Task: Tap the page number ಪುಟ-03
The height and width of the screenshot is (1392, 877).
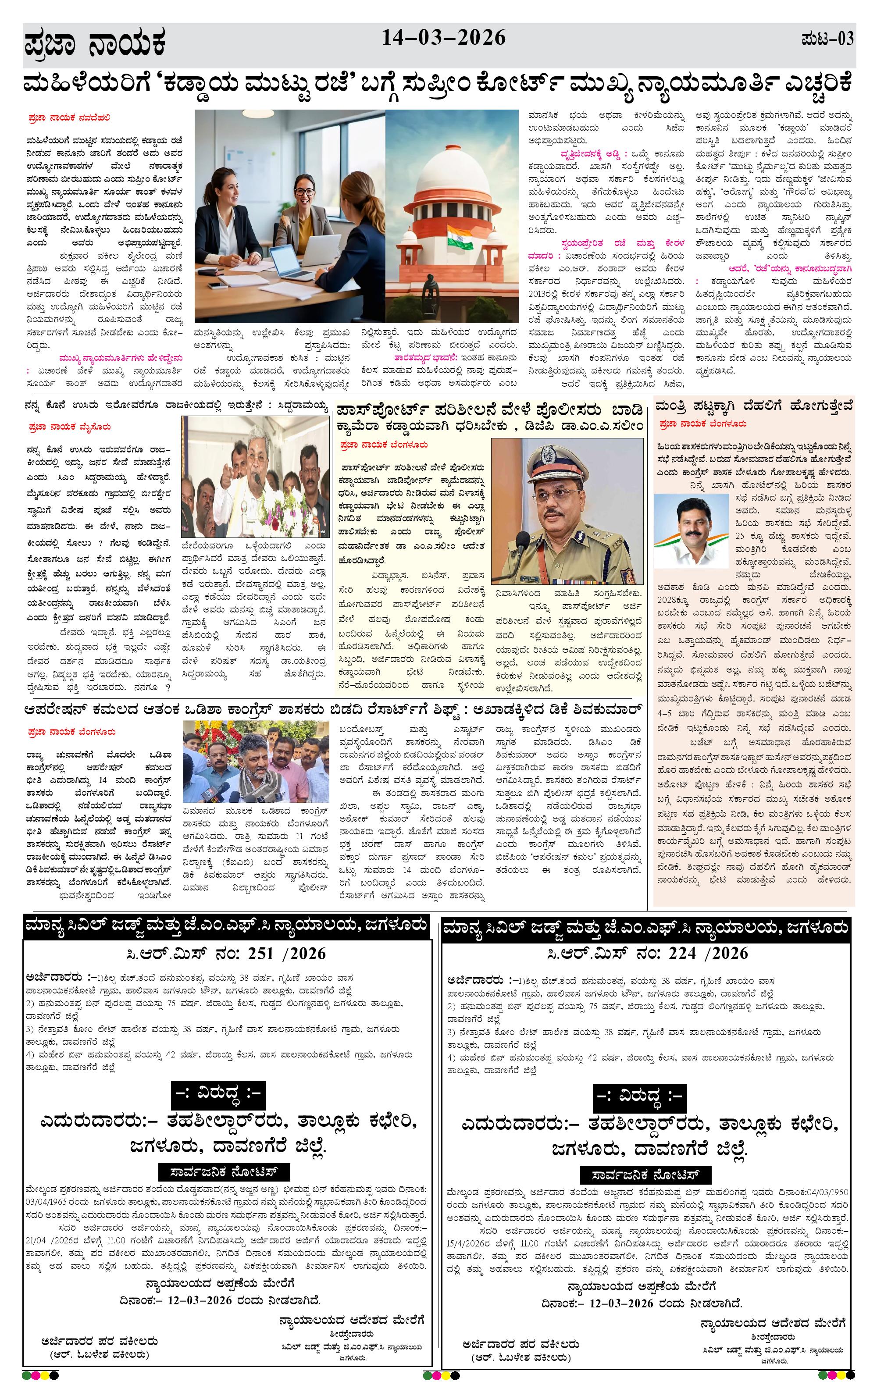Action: [x=827, y=40]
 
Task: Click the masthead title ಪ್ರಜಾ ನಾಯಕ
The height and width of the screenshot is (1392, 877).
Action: [x=96, y=44]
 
